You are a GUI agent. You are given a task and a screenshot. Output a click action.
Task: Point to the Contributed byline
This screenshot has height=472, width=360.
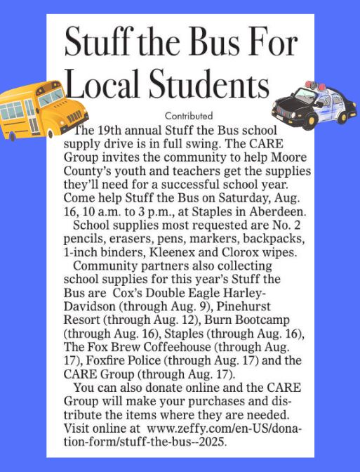[x=188, y=115]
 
